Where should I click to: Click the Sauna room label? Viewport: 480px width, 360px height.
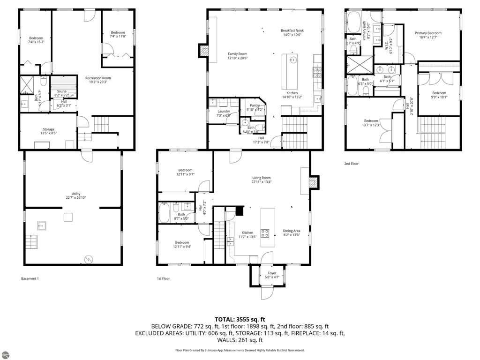[x=61, y=91]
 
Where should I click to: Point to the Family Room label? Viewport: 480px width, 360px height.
[x=237, y=54]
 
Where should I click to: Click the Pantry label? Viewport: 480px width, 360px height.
[x=255, y=105]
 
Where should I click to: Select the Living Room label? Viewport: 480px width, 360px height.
[x=262, y=178]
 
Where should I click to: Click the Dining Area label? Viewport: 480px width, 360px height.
[x=292, y=231]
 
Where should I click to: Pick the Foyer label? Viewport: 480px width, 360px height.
[x=272, y=273]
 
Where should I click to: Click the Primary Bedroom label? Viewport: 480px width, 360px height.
[x=428, y=33]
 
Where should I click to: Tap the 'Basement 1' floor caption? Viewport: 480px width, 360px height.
[x=30, y=278]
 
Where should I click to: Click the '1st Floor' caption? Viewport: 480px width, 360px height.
[x=163, y=278]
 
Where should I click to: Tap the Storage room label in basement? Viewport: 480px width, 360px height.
[x=49, y=129]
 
